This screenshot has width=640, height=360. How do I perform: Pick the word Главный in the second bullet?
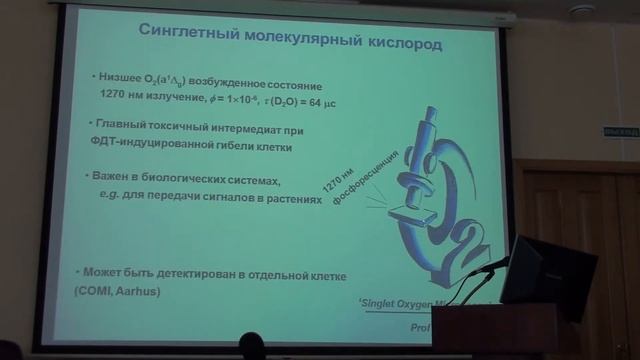coord(122,130)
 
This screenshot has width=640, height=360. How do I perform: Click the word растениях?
coord(296,199)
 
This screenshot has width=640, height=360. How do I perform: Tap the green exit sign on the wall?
coord(621,132)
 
